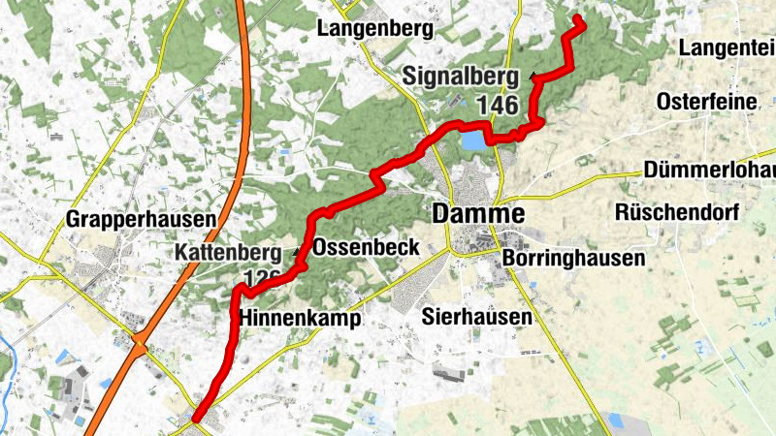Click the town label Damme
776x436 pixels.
click(x=479, y=214)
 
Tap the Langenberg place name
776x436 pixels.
click(x=374, y=29)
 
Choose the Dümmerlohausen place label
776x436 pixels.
click(x=709, y=171)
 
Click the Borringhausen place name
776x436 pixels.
click(x=574, y=259)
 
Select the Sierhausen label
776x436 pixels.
click(x=477, y=317)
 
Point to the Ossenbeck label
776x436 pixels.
click(x=367, y=247)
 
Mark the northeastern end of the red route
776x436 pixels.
click(x=577, y=18)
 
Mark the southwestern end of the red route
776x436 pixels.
click(x=196, y=419)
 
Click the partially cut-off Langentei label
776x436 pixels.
click(x=727, y=47)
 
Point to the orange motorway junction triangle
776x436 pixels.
click(x=142, y=343)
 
